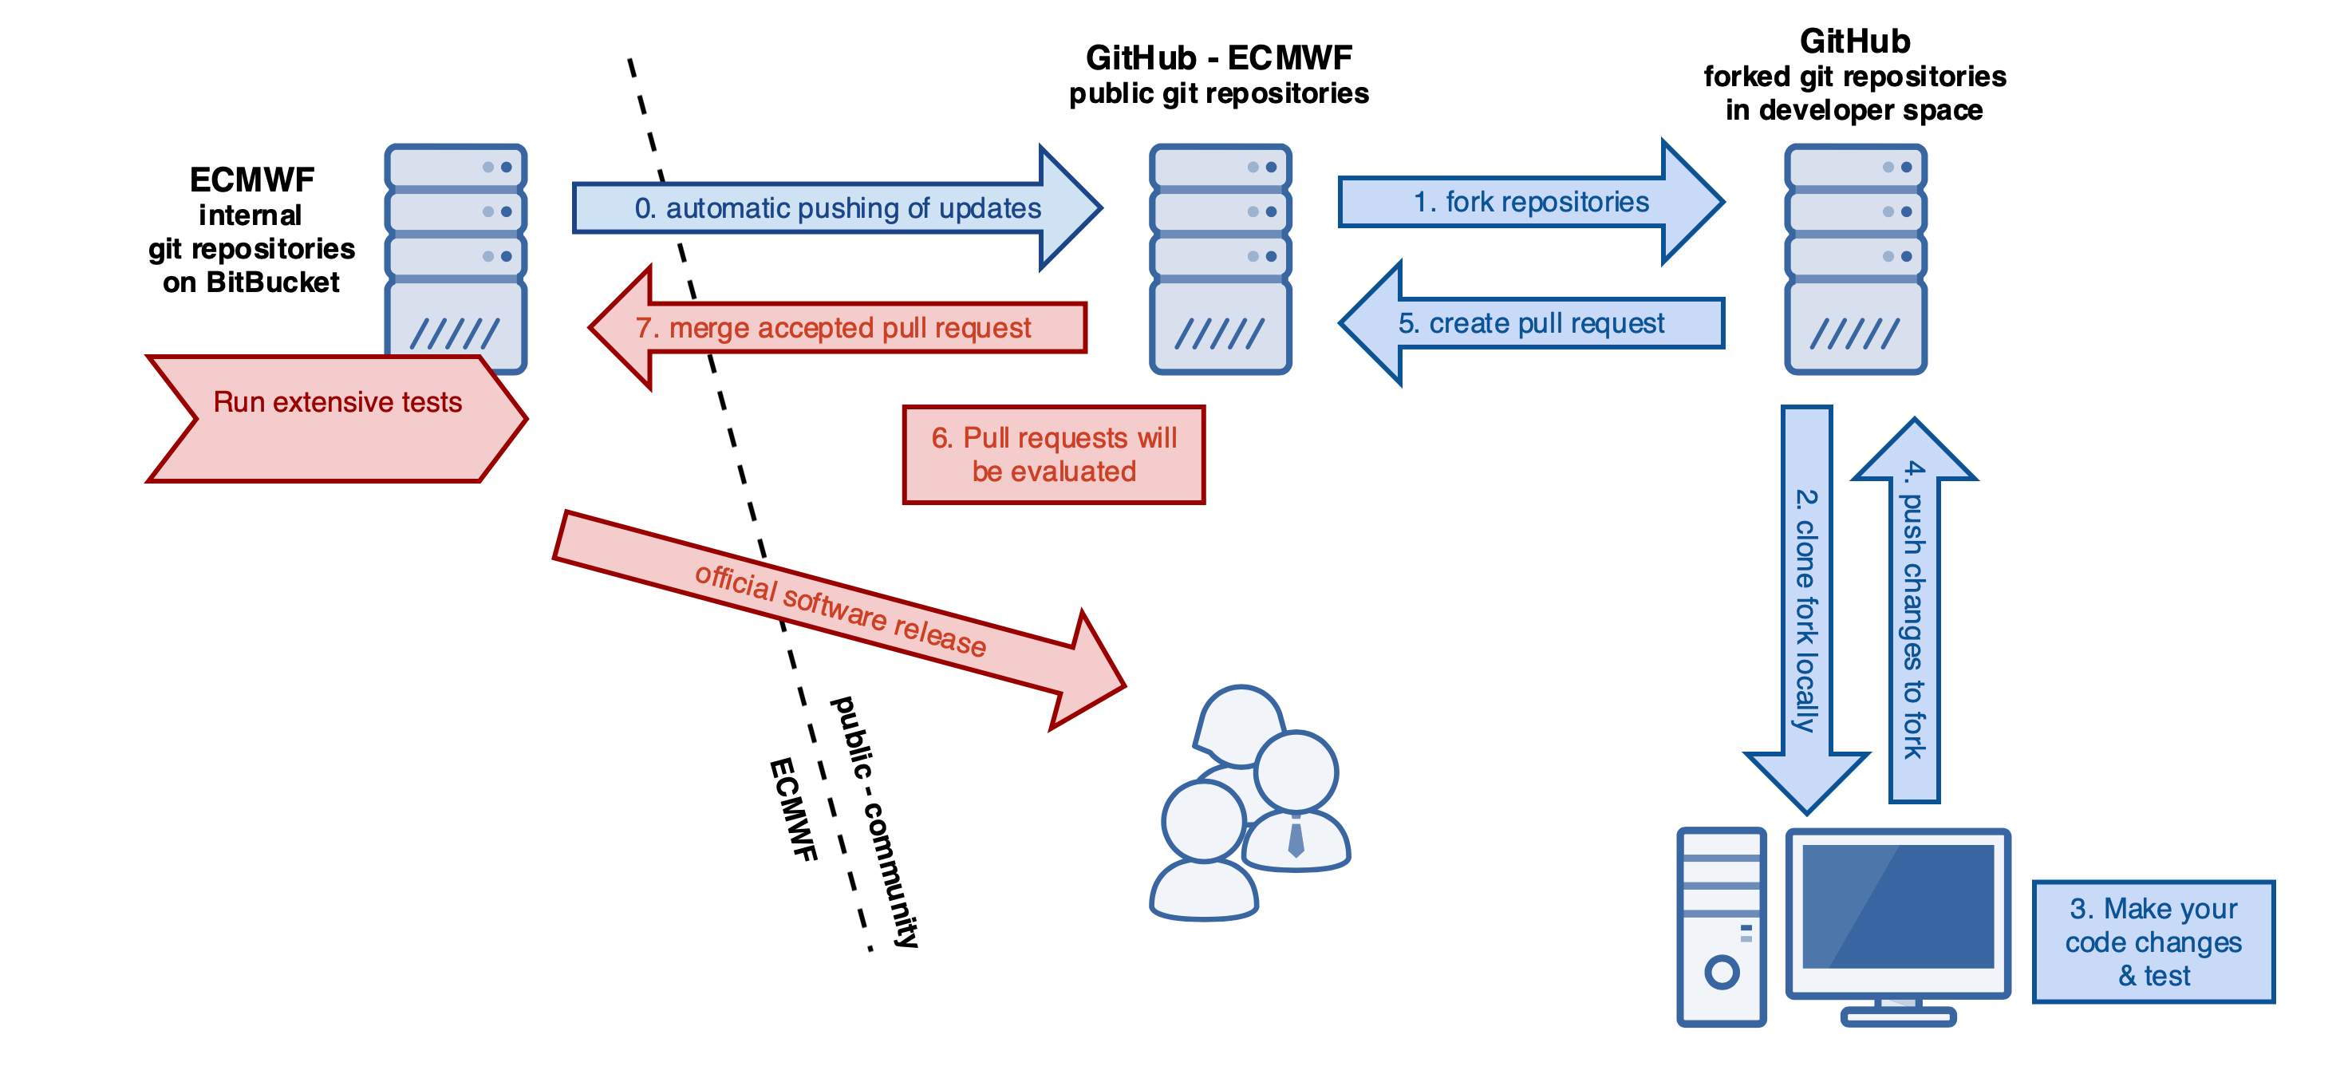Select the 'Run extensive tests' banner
[337, 417]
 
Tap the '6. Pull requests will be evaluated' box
[1054, 455]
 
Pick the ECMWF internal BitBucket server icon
[456, 259]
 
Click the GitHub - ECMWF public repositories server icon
[1221, 259]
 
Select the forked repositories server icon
[1856, 259]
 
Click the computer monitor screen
[1897, 907]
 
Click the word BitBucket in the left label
[272, 283]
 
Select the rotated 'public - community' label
[874, 821]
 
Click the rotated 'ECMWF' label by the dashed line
[795, 809]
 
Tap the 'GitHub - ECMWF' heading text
[1219, 58]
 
